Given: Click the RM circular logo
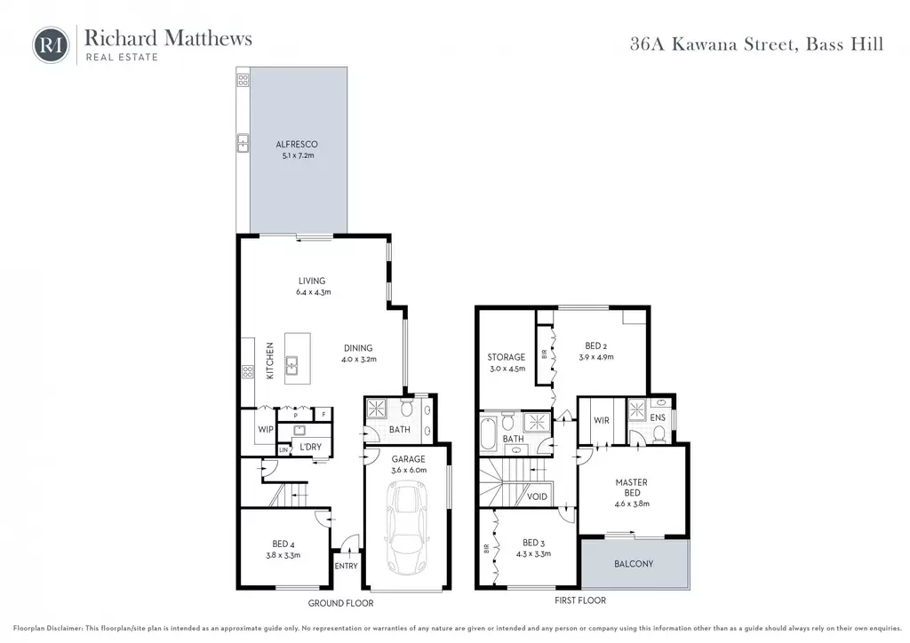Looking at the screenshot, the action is (51, 44).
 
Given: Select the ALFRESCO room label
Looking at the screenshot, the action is (297, 145).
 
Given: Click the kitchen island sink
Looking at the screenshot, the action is (291, 366).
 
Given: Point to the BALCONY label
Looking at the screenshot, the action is (634, 564).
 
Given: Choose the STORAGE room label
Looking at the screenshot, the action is (506, 357).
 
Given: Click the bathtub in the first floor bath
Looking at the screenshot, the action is (489, 432).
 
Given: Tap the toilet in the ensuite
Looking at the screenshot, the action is (659, 433).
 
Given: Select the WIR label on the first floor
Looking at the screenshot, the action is (602, 420).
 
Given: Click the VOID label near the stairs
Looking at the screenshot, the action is (537, 496).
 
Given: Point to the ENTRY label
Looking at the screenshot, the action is (346, 566).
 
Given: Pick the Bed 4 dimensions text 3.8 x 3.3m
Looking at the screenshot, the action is (283, 555).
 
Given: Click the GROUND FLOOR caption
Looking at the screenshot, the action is (340, 603).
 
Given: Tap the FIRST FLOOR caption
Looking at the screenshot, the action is (579, 600).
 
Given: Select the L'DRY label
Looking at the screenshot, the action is (310, 447).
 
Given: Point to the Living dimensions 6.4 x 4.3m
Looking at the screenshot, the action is (314, 292).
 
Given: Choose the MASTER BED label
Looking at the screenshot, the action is (632, 488).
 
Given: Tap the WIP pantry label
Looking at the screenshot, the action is (265, 430).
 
